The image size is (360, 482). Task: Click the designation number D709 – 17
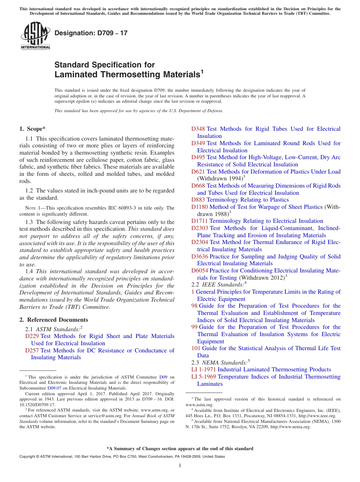pos(91,33)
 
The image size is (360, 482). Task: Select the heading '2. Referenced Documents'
pos(54,320)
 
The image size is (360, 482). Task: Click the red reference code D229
pos(32,336)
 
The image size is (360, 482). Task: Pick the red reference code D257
pos(32,351)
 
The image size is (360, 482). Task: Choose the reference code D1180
pos(199,207)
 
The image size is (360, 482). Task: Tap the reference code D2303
pos(199,228)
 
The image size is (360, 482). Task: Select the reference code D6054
pos(199,271)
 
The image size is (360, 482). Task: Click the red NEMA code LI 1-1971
pos(203,369)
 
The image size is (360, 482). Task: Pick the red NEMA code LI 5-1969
pos(203,377)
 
